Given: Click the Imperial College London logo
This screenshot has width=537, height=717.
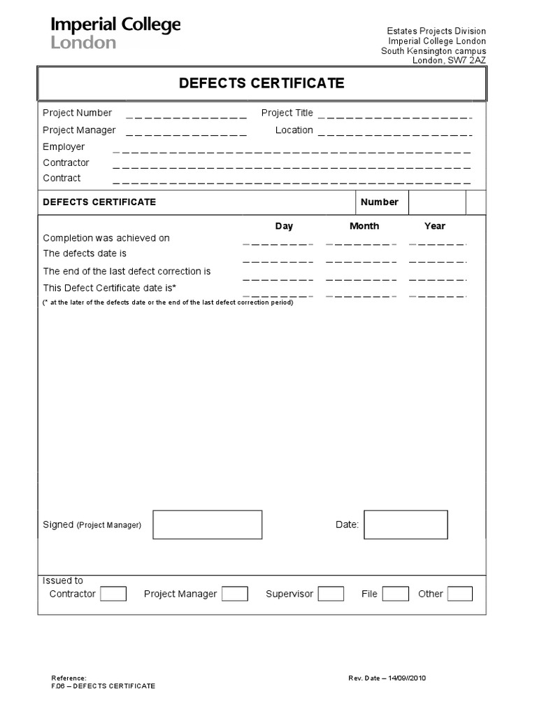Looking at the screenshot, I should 115,33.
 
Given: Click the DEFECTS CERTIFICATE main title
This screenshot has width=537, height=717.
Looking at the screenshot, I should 262,83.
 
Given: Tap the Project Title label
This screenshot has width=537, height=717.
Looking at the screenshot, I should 287,113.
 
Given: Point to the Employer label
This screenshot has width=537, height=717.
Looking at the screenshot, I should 64,146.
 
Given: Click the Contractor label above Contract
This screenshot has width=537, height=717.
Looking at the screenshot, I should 66,162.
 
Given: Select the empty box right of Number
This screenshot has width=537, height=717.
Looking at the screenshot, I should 436,202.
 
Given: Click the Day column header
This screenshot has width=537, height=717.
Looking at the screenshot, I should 284,225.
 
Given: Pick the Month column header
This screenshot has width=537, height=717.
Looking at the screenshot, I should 364,225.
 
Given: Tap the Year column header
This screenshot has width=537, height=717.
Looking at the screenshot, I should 434,225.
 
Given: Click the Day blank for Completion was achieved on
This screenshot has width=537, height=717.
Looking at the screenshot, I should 278,243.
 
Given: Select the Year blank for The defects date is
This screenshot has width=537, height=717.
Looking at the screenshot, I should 437,260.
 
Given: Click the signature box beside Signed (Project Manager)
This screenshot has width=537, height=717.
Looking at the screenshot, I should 208,524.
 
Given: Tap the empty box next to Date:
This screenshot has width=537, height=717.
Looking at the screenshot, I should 406,524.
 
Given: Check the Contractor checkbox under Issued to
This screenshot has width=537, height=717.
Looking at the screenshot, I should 113,594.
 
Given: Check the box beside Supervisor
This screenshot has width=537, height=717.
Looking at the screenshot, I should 331,594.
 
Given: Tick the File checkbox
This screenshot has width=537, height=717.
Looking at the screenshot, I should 395,594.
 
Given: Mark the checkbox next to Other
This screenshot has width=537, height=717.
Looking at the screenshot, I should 459,594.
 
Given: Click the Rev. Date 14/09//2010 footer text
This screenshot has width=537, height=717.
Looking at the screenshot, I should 387,678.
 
